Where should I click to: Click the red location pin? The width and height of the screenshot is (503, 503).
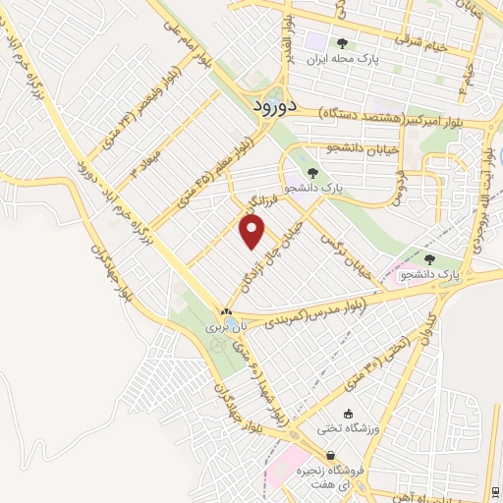(x=252, y=232)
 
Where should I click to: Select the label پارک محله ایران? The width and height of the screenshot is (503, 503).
(x=343, y=60)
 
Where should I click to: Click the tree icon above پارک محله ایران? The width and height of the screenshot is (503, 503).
(x=342, y=43)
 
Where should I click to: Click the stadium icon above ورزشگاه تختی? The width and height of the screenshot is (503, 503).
(x=346, y=413)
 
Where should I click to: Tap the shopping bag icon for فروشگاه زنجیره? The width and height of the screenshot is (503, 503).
(x=332, y=455)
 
